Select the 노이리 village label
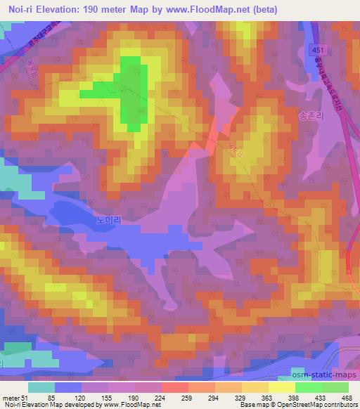click(x=109, y=219)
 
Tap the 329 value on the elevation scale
click(x=240, y=397)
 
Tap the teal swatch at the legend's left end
click(x=41, y=387)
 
